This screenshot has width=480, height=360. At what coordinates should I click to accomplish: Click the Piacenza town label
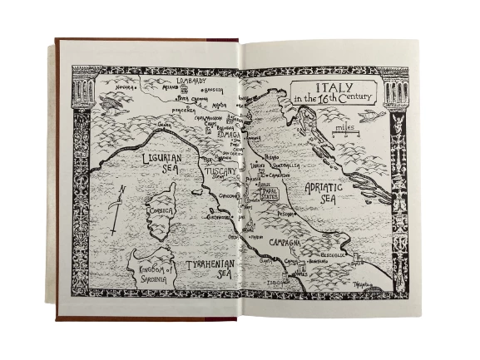tap(183, 108)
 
